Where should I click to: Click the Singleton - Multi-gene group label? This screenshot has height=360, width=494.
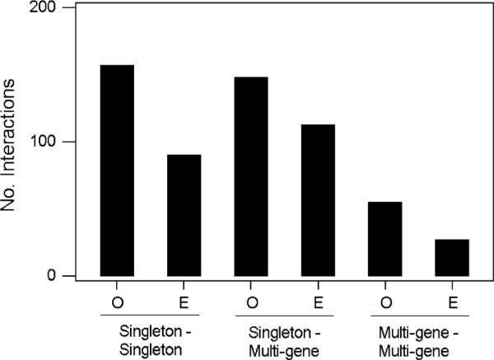(x=284, y=336)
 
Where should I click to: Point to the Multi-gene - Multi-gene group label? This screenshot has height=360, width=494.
(x=418, y=336)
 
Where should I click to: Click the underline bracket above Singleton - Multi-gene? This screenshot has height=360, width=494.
(x=284, y=314)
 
